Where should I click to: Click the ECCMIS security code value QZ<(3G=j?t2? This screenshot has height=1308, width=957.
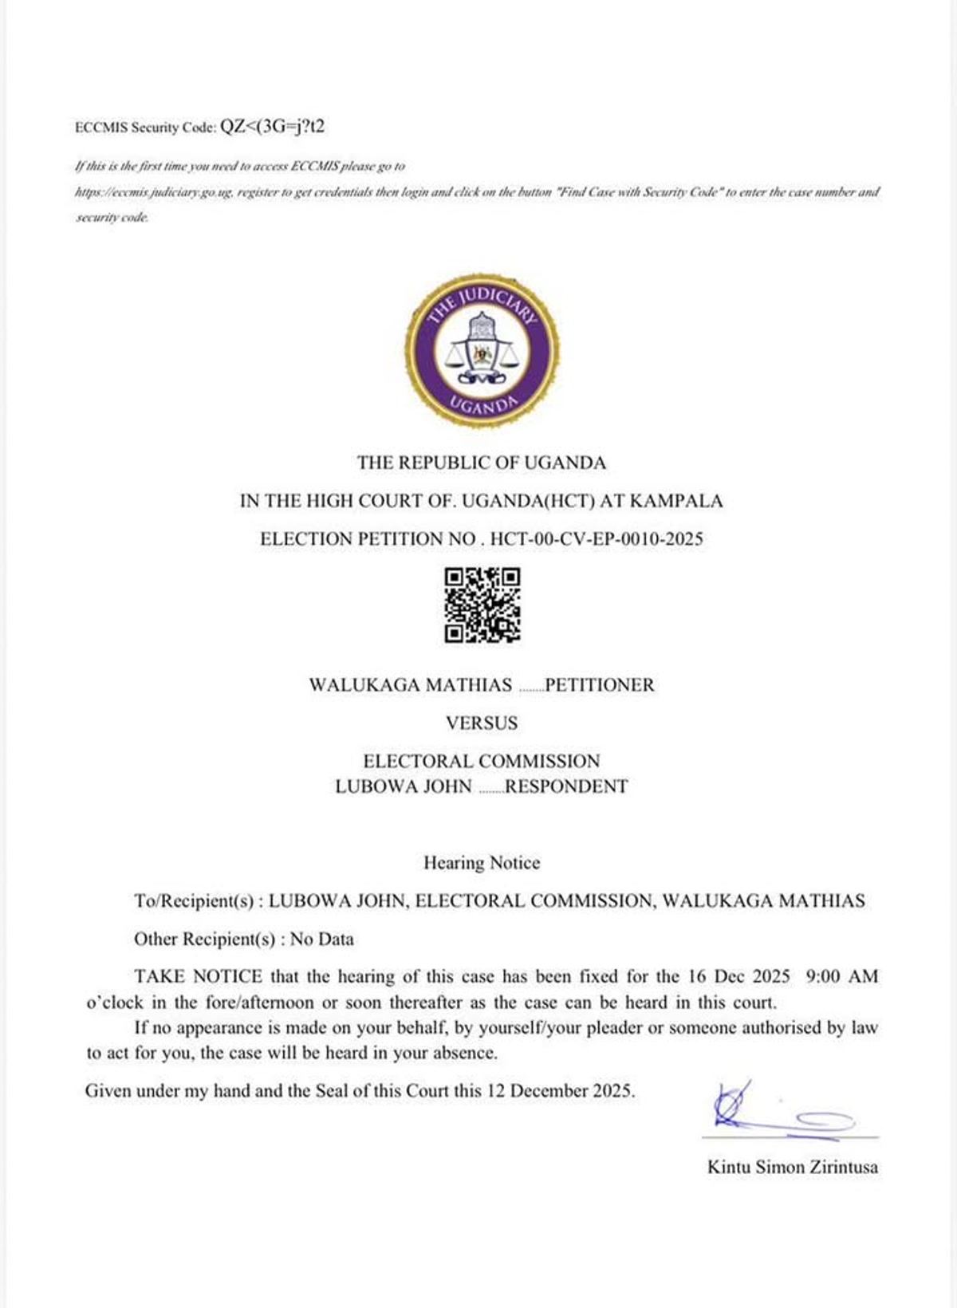[x=272, y=126]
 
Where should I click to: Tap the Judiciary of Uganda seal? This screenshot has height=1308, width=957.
[x=482, y=351]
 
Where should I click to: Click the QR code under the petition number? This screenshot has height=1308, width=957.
[x=482, y=605]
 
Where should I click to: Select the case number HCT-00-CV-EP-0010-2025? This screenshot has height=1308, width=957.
[x=597, y=539]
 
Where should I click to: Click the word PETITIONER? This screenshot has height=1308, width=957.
[x=600, y=685]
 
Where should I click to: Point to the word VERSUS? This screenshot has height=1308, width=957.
[x=482, y=723]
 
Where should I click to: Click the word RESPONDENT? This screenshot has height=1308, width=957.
[x=566, y=786]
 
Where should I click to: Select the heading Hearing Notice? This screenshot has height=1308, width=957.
[x=482, y=863]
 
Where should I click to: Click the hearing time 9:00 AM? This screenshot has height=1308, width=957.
[x=842, y=976]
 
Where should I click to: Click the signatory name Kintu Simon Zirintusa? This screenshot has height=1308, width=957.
[x=793, y=1167]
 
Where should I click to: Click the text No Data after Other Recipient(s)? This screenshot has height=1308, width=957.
[x=322, y=939]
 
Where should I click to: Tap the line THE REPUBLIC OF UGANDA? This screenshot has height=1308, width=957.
[x=482, y=463]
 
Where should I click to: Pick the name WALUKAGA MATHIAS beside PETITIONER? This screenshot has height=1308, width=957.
[x=411, y=685]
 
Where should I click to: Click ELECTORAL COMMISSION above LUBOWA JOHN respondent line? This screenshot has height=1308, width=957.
[x=482, y=761]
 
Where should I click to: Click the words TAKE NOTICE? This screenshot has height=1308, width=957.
[x=198, y=976]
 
